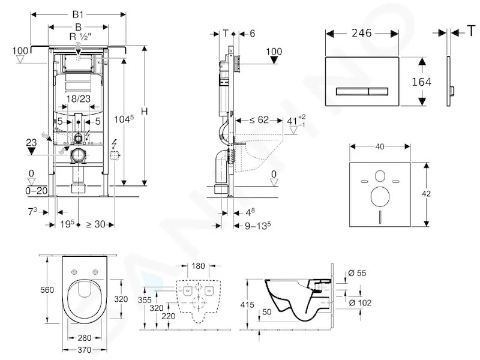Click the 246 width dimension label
tap(361, 33)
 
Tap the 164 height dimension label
tap(421, 82)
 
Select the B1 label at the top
tap(78, 14)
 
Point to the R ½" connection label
tap(79, 37)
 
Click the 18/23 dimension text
tap(79, 98)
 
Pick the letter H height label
tap(144, 112)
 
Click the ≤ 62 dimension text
tap(259, 119)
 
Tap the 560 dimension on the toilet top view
tap(47, 290)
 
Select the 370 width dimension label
tap(84, 349)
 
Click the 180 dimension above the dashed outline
tap(198, 266)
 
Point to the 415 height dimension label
tap(247, 305)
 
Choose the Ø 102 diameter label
tap(360, 303)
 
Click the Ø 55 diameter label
tap(357, 273)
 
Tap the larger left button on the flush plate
tap(352, 91)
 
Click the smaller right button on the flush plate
tap(379, 91)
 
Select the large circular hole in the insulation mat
tap(380, 197)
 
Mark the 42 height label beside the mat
tap(426, 194)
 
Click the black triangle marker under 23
tap(31, 151)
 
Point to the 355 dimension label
tap(145, 299)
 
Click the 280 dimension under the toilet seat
tap(84, 338)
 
